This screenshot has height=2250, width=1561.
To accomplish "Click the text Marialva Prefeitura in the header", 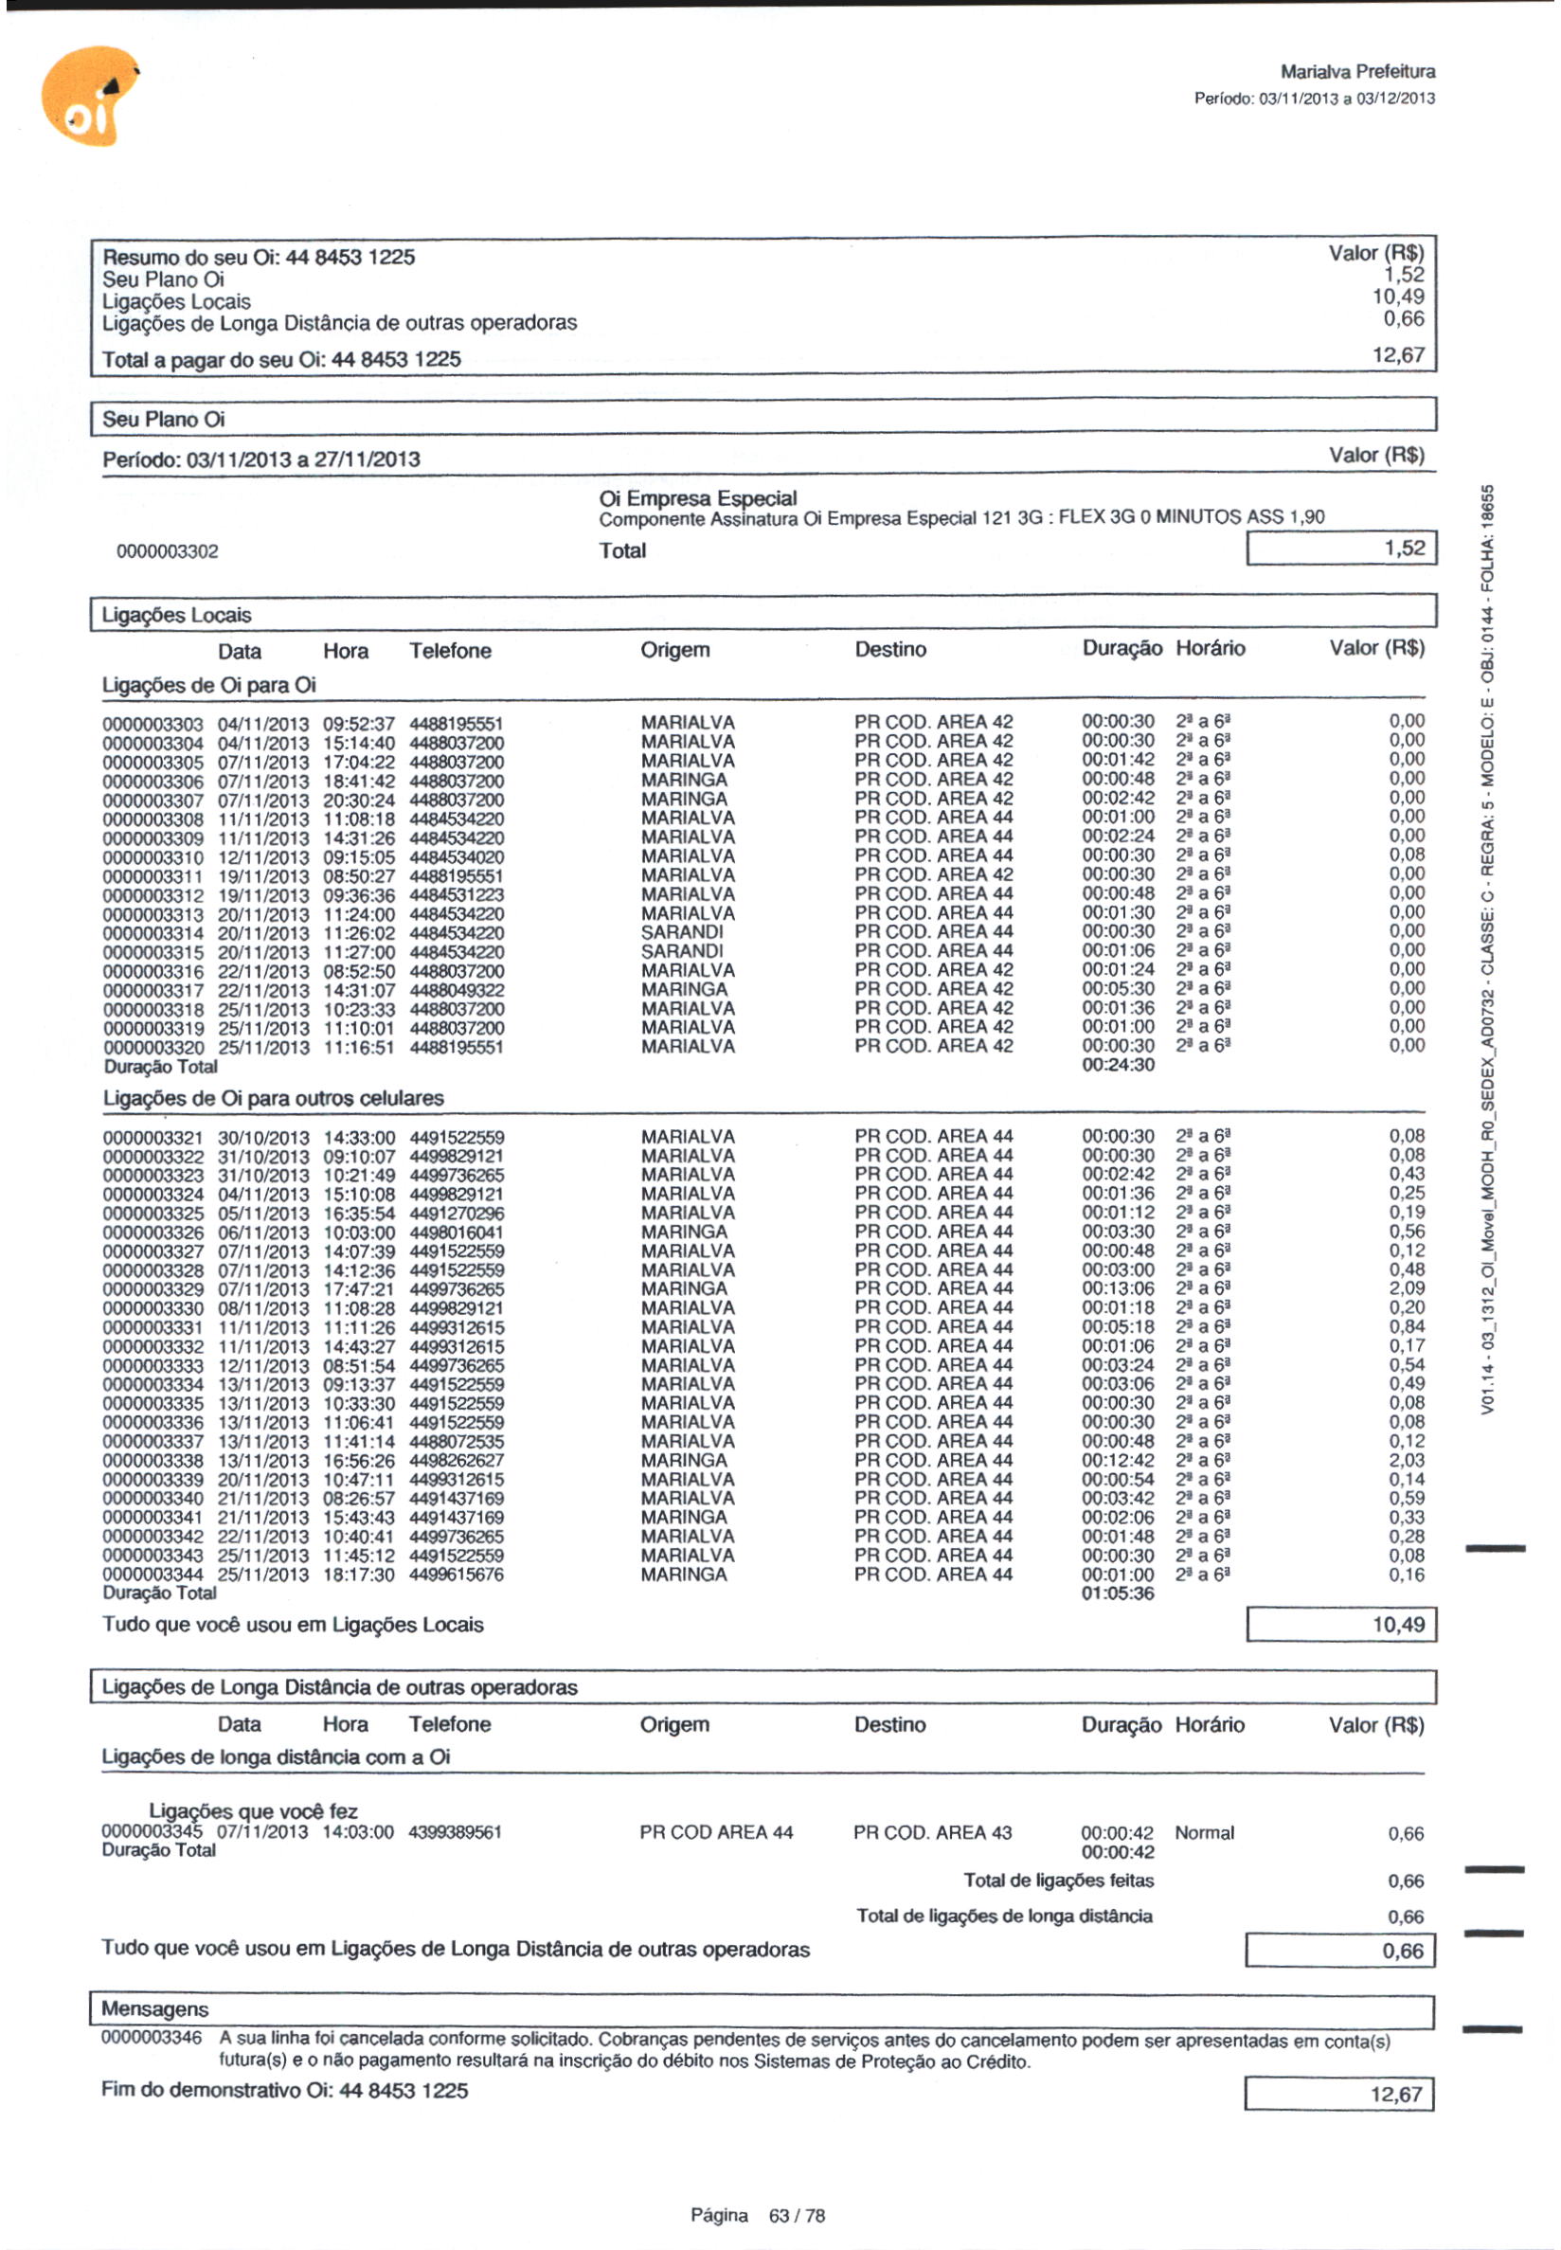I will click(x=1357, y=71).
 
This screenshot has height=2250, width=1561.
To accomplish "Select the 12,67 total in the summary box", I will click(x=1398, y=355).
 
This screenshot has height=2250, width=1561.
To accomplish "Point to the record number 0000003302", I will click(x=168, y=551).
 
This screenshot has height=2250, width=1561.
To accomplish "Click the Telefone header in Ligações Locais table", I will click(x=450, y=651).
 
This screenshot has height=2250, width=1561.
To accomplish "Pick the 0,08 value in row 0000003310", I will click(x=1407, y=855).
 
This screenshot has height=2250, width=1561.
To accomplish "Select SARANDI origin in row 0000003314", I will click(x=682, y=931).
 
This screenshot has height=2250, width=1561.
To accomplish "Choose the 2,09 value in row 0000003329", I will click(x=1407, y=1288).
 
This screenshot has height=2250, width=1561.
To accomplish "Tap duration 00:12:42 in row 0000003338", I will click(x=1118, y=1460).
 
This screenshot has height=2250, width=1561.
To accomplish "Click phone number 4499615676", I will click(x=457, y=1574).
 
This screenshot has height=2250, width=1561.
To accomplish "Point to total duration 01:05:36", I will click(x=1118, y=1593).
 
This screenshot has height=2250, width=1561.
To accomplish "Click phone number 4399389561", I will click(x=455, y=1832).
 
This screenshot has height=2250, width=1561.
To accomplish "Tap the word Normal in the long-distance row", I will click(x=1204, y=1832).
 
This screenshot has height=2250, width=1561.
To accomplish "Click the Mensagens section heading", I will click(x=154, y=2009).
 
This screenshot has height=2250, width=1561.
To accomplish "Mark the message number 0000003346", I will click(x=152, y=2039).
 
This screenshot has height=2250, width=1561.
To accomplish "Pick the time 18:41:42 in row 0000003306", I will click(x=359, y=780).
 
